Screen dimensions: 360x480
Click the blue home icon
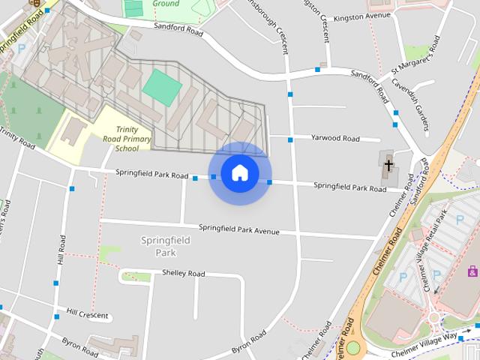(x=240, y=173)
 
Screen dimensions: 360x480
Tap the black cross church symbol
(x=388, y=164)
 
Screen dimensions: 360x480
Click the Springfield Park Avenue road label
(x=238, y=229)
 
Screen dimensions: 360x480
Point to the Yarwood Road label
(x=335, y=139)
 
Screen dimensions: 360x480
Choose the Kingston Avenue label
(x=362, y=16)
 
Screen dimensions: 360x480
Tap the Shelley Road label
(x=183, y=274)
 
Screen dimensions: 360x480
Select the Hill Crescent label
(x=87, y=314)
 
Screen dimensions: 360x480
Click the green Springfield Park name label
(x=165, y=246)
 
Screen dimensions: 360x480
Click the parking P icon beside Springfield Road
(x=21, y=48)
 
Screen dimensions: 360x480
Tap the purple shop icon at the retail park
(x=472, y=271)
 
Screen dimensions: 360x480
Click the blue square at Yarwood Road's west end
(x=289, y=139)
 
